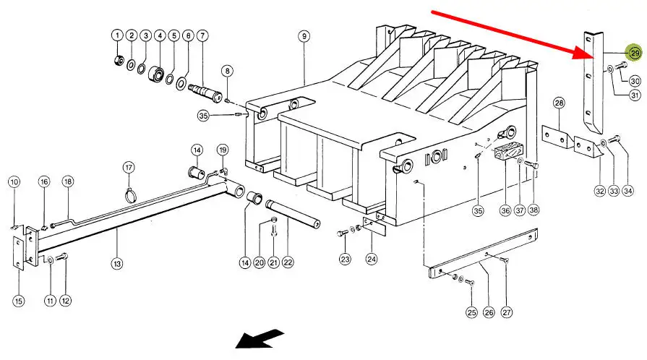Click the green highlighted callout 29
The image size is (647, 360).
coord(634,53)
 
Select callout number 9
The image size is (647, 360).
coord(304,35)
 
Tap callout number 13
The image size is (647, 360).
coord(117,264)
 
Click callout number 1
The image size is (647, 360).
coord(117,35)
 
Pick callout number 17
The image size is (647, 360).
coord(129,168)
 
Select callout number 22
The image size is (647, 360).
coord(288,263)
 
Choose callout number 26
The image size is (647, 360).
coord(489,312)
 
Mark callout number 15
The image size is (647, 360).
coord(19,301)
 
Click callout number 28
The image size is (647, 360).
coord(559,104)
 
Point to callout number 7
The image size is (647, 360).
coord(202,35)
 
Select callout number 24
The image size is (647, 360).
coord(372,258)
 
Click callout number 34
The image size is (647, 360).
coord(627,192)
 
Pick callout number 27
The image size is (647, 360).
coord(506,312)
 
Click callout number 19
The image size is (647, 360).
coord(223,150)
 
